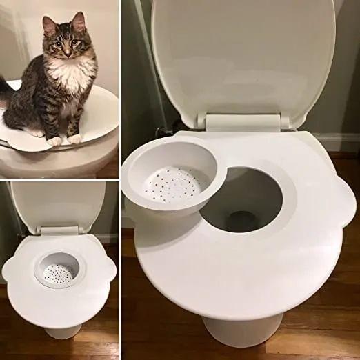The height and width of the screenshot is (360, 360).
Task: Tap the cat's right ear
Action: [x=48, y=25]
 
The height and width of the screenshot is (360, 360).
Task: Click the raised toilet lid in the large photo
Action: [x=241, y=55]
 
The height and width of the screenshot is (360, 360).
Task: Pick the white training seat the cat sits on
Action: [x=97, y=124]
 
